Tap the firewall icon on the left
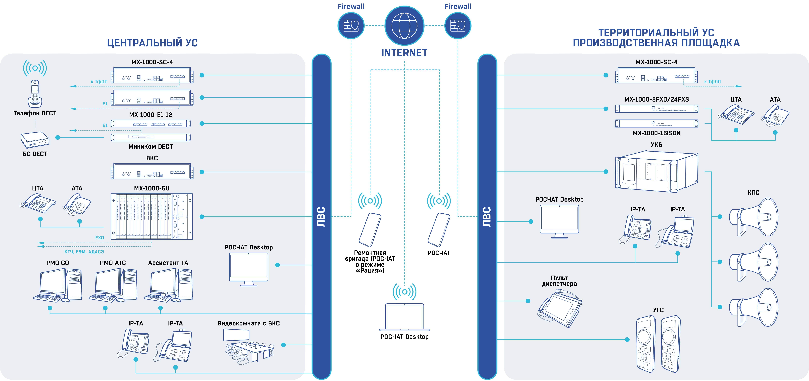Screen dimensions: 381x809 (x=351, y=26)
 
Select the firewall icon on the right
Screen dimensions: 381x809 (x=458, y=26)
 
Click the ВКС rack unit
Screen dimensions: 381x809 (x=152, y=172)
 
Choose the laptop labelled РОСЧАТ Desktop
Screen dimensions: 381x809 (x=404, y=317)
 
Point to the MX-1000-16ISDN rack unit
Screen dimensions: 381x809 (x=656, y=123)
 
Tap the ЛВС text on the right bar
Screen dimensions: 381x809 (x=487, y=217)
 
